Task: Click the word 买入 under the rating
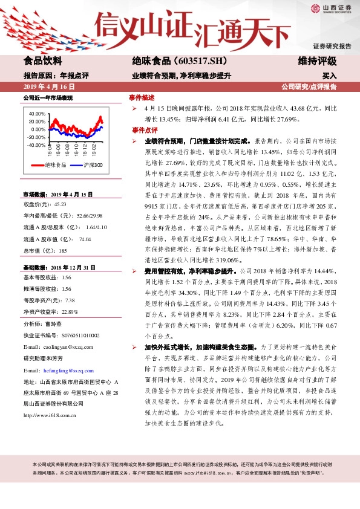[x=329, y=76]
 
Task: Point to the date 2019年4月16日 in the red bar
[x=49, y=87]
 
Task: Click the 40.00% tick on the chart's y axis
[x=37, y=114]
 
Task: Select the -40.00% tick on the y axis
[x=36, y=145]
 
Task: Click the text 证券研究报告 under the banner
[x=332, y=47]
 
